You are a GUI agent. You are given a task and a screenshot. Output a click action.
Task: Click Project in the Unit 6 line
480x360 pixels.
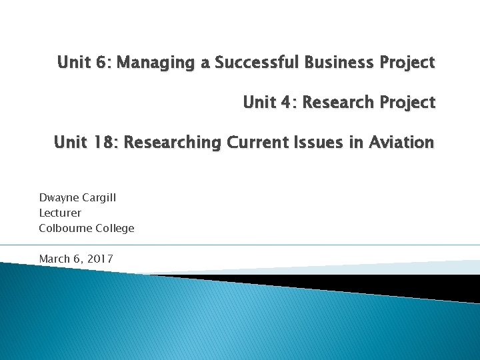tap(408, 63)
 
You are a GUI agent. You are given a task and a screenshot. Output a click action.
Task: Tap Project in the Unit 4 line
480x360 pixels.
tap(408, 103)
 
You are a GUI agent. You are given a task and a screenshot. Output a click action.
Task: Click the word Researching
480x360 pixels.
tap(173, 143)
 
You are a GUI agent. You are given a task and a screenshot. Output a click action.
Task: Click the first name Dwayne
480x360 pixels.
tap(58, 198)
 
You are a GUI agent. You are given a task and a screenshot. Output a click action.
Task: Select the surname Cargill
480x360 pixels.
tap(99, 198)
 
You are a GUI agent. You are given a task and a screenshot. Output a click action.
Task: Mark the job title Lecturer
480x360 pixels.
tap(60, 213)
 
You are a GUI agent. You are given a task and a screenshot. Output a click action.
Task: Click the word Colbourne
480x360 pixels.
tap(65, 228)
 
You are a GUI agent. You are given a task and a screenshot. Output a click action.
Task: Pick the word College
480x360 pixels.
tap(115, 229)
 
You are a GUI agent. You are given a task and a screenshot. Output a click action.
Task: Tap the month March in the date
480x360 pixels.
tap(55, 258)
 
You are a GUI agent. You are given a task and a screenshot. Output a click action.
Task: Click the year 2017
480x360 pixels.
tap(99, 258)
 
